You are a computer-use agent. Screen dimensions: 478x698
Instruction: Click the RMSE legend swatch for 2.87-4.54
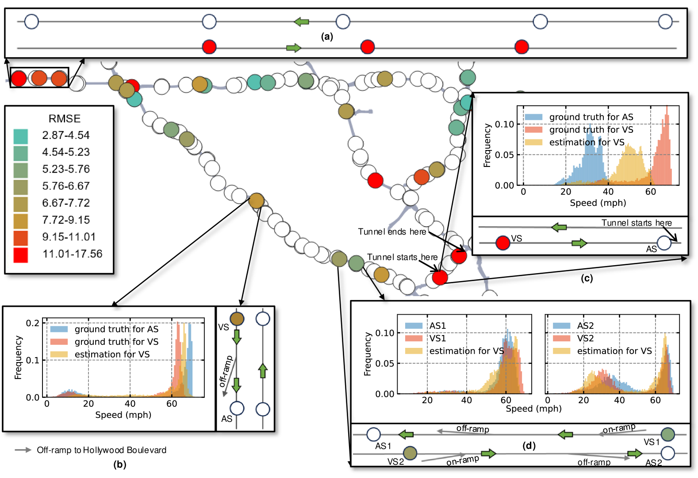click(21, 136)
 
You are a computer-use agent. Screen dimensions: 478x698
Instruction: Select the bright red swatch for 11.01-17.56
click(21, 254)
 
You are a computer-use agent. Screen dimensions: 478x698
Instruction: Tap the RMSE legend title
click(65, 119)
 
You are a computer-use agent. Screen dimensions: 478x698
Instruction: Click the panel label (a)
click(327, 37)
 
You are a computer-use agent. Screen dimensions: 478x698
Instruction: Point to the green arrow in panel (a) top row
click(302, 21)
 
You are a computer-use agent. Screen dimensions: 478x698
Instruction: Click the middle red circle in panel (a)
click(368, 46)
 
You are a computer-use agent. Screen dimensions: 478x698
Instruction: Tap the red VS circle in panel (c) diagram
click(502, 243)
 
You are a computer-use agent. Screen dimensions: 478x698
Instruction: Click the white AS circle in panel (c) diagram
click(664, 243)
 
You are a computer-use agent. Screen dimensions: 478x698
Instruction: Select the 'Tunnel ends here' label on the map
click(392, 231)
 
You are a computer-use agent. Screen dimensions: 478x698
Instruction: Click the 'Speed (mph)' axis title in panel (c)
click(598, 203)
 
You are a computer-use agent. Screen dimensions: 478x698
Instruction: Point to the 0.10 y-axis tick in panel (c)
click(504, 124)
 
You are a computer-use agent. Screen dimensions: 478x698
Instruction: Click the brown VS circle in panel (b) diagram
click(237, 319)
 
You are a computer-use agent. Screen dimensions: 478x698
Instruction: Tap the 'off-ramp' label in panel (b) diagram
click(226, 371)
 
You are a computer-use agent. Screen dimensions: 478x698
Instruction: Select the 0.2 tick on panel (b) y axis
click(33, 323)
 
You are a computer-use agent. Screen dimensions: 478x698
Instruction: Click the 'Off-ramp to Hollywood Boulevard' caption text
click(101, 450)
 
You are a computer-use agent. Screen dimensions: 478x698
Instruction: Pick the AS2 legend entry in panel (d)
click(585, 326)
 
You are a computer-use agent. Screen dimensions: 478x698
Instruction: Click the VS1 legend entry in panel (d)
click(437, 338)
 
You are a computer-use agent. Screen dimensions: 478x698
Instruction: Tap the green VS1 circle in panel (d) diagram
click(667, 434)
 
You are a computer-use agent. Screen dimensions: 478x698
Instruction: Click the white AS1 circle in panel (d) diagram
click(373, 434)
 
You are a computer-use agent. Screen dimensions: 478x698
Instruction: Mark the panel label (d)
click(529, 445)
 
